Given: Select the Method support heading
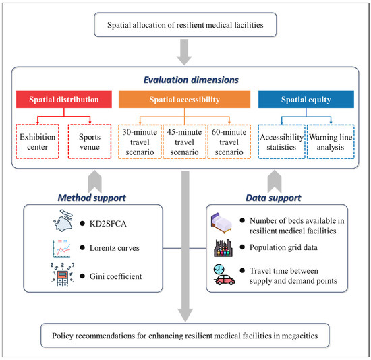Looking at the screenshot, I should (x=88, y=199).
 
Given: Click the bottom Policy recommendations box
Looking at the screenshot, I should (x=185, y=332).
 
